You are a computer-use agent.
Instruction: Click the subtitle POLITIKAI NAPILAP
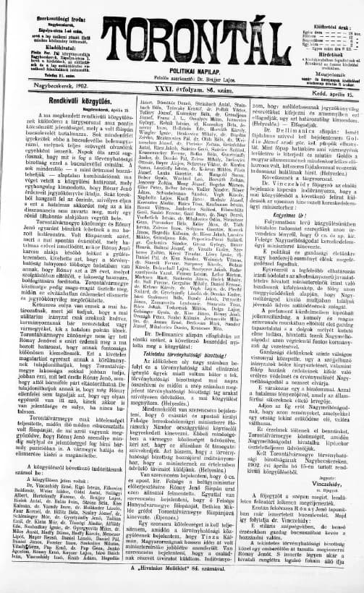(x=182, y=73)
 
